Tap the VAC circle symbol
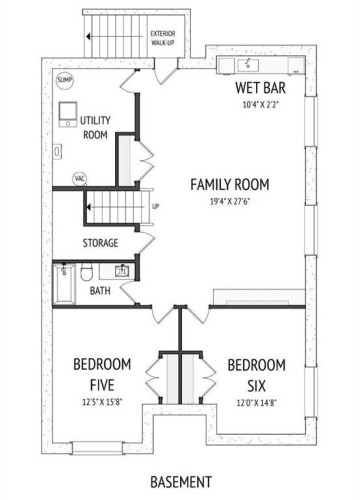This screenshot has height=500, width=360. (79, 179)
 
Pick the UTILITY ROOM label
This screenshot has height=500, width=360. (95, 127)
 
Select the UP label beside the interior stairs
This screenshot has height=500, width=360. (155, 208)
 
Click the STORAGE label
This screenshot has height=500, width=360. (101, 243)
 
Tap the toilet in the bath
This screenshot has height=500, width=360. (87, 272)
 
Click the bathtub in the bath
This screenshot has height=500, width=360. (63, 285)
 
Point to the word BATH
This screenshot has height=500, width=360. (100, 292)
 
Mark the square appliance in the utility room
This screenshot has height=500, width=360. (67, 112)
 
